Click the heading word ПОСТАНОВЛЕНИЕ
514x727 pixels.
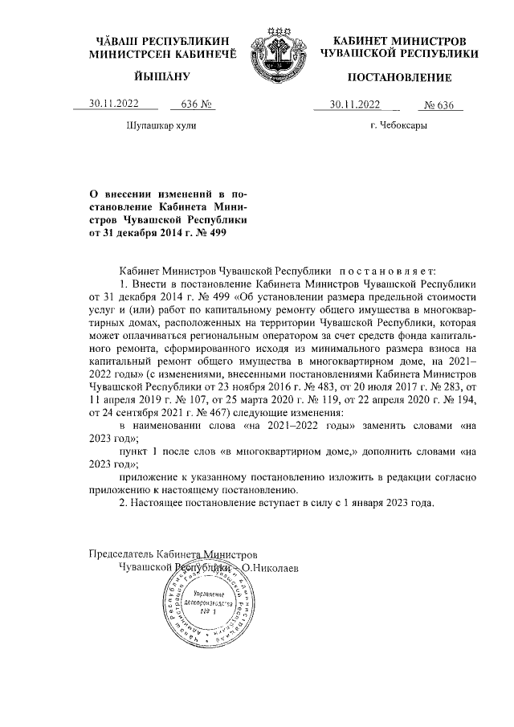(399, 78)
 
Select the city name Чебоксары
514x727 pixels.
(399, 127)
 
